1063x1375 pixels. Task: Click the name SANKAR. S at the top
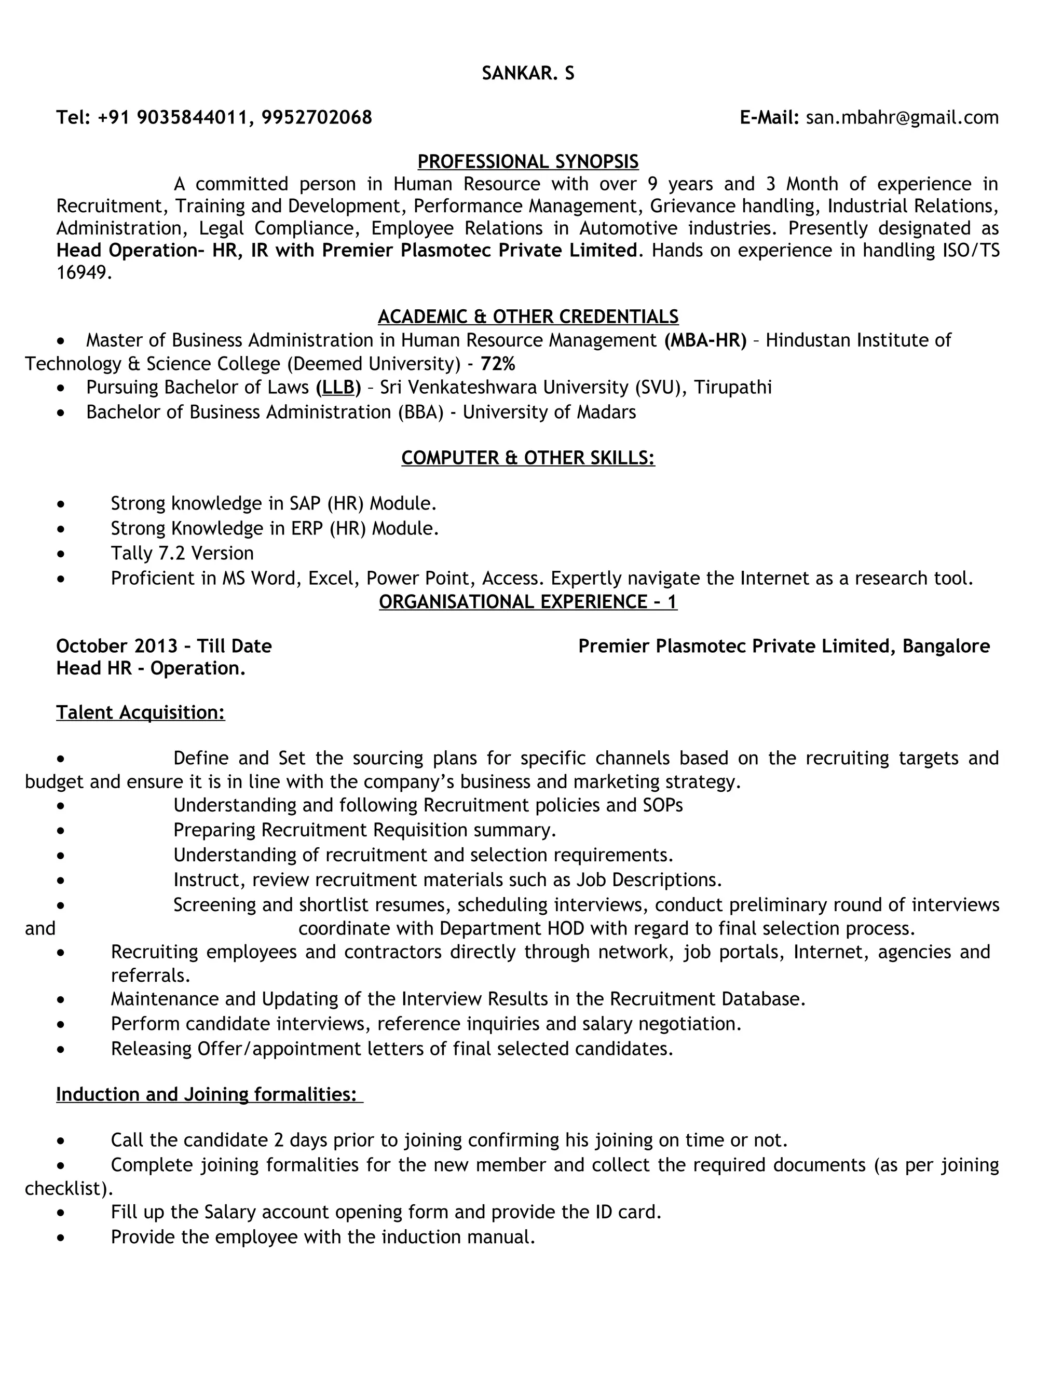click(x=528, y=74)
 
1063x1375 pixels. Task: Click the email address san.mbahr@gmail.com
click(x=902, y=118)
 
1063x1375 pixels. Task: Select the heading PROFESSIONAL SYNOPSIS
click(x=528, y=162)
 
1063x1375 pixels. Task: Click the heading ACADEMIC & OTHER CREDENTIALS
click(x=528, y=316)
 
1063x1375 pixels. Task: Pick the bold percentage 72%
click(x=497, y=364)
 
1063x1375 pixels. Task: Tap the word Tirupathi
click(x=732, y=387)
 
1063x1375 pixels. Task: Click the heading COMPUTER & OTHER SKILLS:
click(x=528, y=458)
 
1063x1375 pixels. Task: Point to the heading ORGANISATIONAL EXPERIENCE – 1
click(x=528, y=602)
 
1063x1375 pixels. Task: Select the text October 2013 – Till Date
click(x=163, y=646)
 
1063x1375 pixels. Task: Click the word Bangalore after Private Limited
click(x=946, y=646)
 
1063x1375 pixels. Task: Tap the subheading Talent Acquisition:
click(x=141, y=712)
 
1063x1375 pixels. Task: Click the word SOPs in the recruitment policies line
click(x=662, y=805)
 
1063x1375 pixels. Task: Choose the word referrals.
click(x=151, y=976)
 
